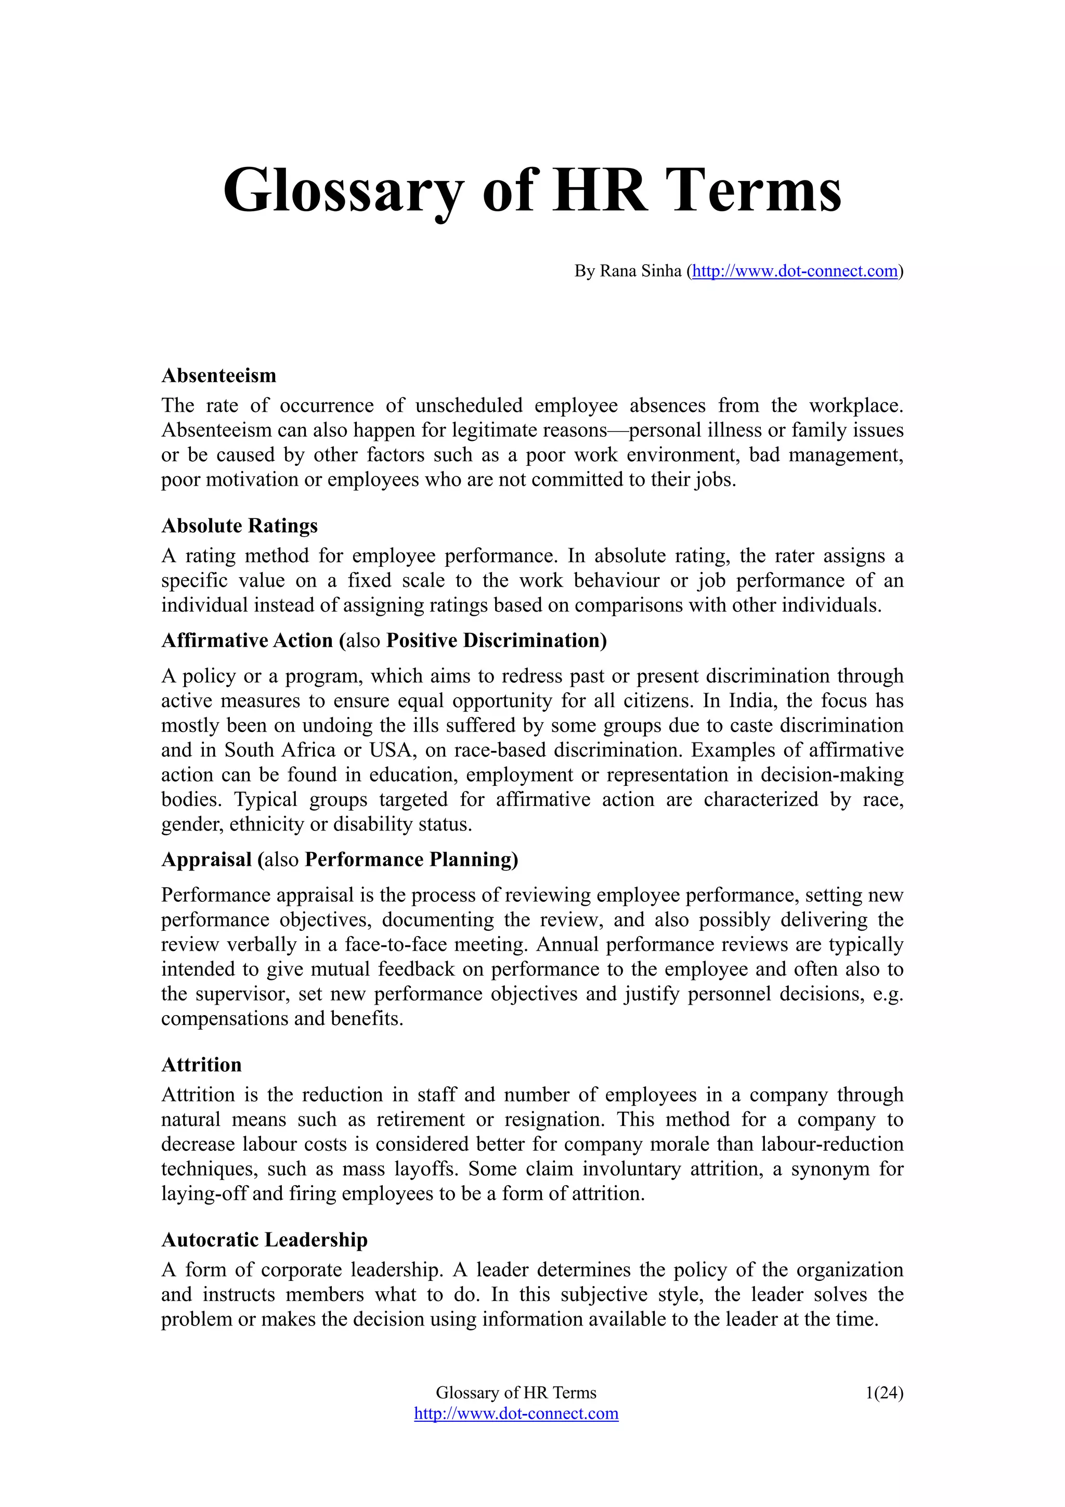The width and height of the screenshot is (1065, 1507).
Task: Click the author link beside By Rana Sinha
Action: [x=795, y=271]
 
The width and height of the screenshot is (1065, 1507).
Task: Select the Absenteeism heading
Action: [x=218, y=375]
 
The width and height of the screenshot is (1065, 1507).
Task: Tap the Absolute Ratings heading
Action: [x=240, y=526]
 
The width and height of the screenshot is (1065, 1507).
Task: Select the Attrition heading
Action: [x=201, y=1064]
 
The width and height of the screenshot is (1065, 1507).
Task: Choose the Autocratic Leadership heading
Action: [x=265, y=1240]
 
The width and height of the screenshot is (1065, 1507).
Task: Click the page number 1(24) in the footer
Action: [x=884, y=1393]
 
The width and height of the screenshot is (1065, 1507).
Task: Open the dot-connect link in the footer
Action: [x=516, y=1413]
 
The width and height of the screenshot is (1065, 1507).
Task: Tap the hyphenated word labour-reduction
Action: [x=832, y=1145]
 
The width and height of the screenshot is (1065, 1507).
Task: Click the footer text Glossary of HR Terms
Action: [x=516, y=1393]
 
